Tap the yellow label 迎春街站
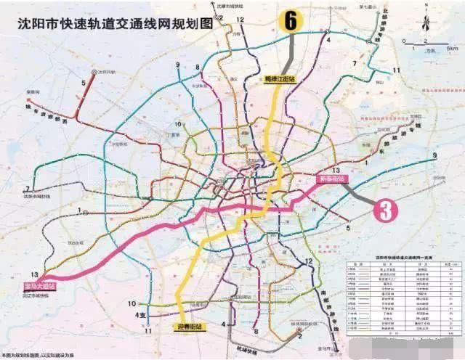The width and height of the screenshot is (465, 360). click(190, 327)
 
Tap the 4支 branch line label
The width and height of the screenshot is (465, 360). click(142, 315)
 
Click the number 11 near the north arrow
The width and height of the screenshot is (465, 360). click(397, 70)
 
